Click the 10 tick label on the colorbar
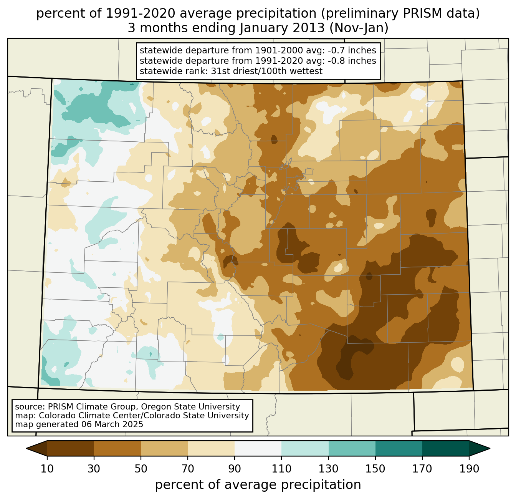(47, 469)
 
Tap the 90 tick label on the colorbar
(235, 469)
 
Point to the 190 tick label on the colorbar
(469, 469)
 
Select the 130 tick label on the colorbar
(329, 469)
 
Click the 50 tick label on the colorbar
(141, 469)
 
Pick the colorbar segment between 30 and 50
(117, 448)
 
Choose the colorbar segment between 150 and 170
(399, 448)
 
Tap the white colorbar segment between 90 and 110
(258, 448)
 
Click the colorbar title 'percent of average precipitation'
(258, 485)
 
